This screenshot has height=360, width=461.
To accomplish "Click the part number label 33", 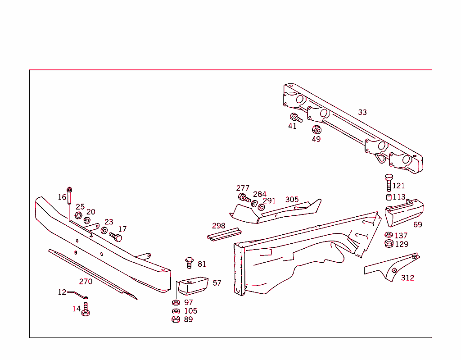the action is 362,112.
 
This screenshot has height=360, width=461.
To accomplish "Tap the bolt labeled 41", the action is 296,118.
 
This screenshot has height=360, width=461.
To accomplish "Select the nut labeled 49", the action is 316,129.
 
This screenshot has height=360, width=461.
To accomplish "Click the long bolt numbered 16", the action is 69,196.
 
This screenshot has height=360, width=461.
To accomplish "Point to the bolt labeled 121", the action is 389,183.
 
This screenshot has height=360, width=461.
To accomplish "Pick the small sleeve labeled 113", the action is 389,197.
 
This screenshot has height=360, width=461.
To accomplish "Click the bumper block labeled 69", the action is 404,213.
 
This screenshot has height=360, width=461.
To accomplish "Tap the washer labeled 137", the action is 389,235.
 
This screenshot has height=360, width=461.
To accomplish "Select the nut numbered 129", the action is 389,243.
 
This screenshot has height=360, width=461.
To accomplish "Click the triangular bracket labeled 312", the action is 392,267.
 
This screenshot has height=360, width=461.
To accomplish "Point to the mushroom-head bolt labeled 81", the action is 190,263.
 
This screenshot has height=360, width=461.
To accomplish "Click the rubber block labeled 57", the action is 193,286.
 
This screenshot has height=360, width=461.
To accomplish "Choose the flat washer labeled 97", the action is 176,302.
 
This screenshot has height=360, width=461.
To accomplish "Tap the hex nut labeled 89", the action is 176,319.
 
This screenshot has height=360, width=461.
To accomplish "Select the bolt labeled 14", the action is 86,309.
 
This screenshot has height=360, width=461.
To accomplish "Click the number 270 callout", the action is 86,282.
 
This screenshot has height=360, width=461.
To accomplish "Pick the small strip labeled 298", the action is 224,234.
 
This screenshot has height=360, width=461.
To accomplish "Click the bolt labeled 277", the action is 244,197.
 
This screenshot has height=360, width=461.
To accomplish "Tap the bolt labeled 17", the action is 116,237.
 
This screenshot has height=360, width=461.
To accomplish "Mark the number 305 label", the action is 292,200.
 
